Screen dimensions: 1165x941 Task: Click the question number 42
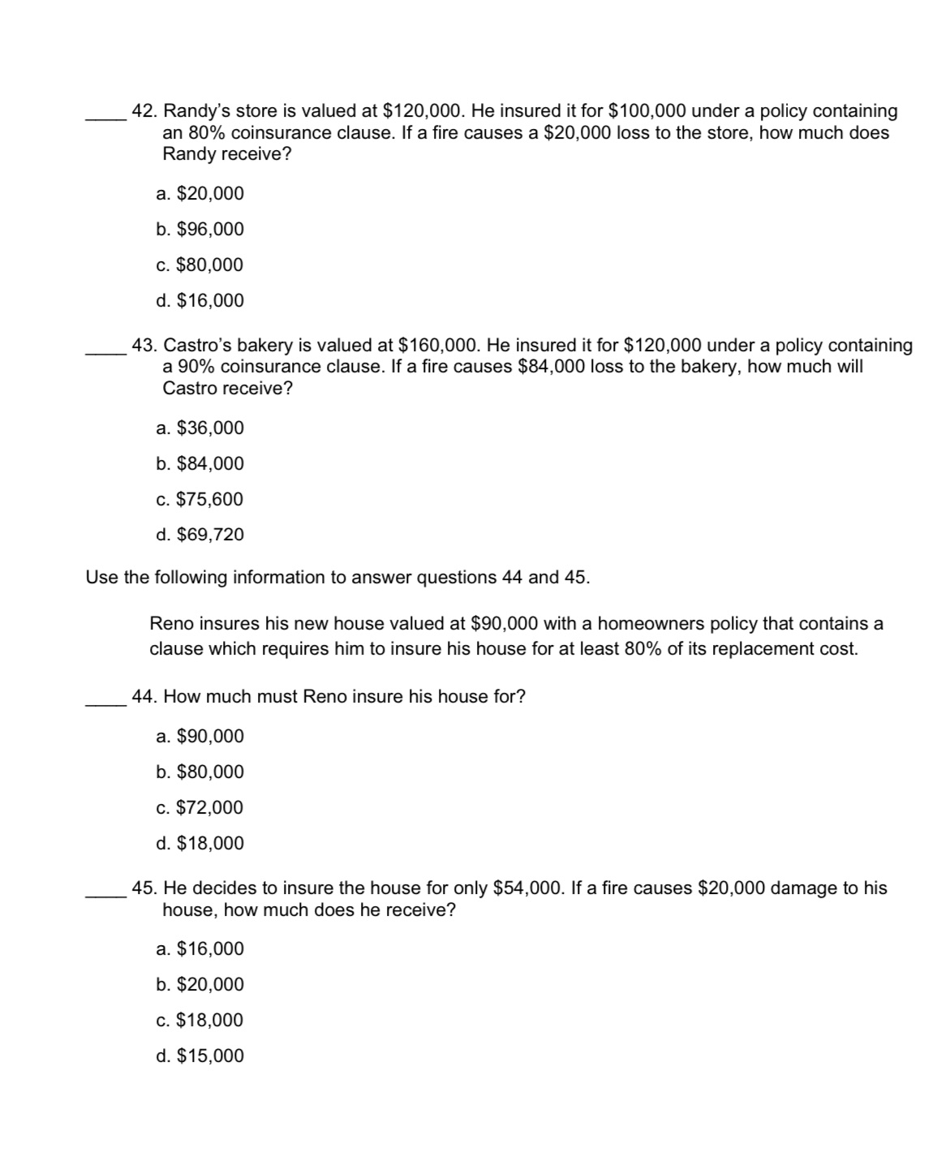tap(144, 111)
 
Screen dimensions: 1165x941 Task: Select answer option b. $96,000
tap(200, 230)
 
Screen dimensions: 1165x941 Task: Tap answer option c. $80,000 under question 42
tap(200, 265)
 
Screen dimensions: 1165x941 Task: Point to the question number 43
tap(144, 346)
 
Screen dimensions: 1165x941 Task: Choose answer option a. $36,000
tap(200, 428)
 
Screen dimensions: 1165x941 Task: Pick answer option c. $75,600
tap(200, 500)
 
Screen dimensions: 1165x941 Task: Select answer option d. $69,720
tap(200, 535)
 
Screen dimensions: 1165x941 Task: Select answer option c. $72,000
tap(200, 808)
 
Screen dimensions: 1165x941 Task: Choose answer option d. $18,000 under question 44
tap(200, 844)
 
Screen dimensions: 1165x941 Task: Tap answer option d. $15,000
tap(200, 1056)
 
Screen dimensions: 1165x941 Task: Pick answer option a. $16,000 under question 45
tap(200, 949)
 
